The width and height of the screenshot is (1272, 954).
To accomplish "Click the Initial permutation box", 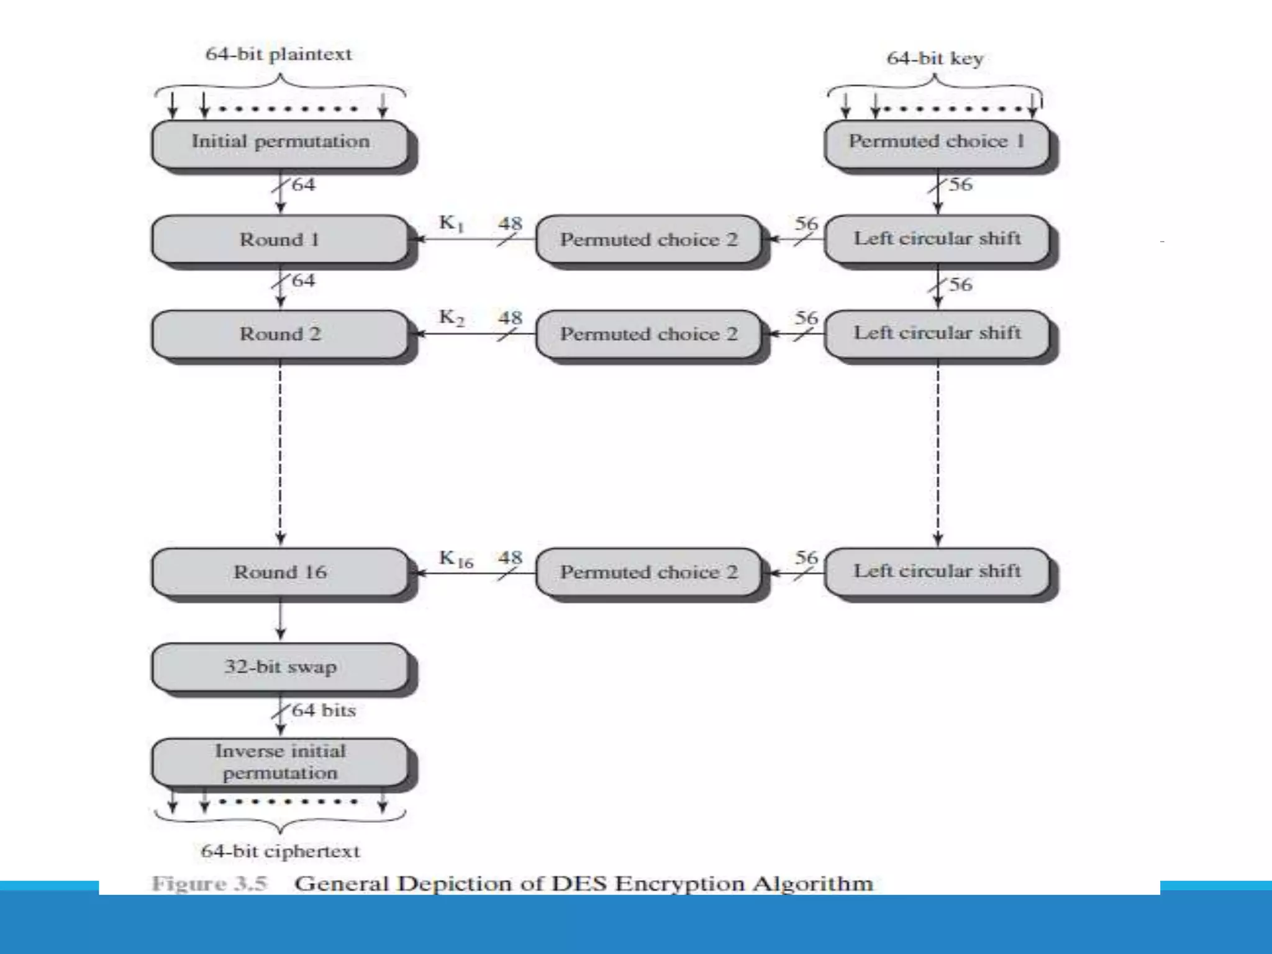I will pos(280,142).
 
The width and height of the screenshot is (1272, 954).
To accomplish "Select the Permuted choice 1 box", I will pos(937,142).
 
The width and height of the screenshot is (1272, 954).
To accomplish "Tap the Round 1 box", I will pos(280,239).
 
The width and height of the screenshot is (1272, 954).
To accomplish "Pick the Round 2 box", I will pos(280,334).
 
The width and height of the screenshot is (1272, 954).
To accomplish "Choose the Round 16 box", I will pos(280,572).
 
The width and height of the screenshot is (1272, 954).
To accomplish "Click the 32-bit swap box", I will pos(280,667).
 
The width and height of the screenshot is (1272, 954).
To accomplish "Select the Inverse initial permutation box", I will pos(280,762).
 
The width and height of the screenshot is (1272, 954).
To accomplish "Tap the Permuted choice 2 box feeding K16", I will pos(648,572).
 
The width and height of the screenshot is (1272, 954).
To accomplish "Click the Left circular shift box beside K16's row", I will pos(937,571).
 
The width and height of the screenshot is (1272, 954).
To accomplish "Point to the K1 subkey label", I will pos(452,223).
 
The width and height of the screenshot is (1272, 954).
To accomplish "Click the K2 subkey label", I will pos(452,317).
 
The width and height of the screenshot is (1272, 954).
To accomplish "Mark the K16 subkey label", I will pos(456,558).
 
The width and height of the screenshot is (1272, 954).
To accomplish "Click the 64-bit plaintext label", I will pos(278,54).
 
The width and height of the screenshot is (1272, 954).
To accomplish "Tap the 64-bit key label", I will pos(935,58).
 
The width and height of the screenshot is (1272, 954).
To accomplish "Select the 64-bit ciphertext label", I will pos(280,851).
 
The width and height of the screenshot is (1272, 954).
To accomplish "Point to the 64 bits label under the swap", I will pos(324,710).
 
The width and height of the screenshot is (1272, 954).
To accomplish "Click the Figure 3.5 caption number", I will pos(210,883).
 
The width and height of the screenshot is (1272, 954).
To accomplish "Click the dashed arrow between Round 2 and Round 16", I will pos(280,453).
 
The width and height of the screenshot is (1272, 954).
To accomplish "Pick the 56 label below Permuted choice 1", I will pos(960,184).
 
